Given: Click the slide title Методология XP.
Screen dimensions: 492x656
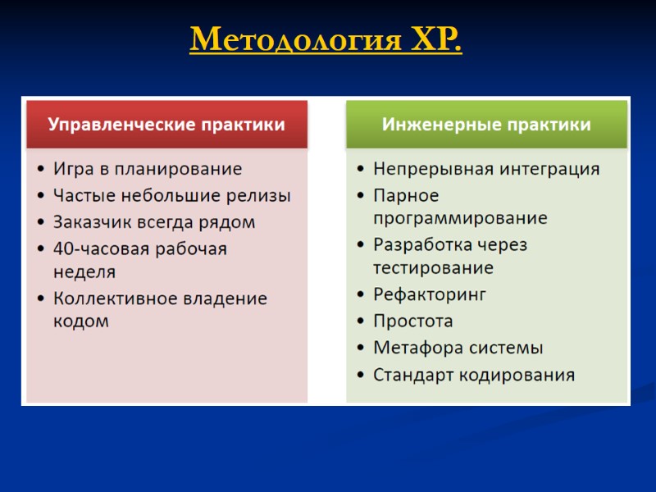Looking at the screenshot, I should (326, 39).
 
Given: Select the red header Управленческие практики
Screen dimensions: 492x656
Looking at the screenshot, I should (166, 125).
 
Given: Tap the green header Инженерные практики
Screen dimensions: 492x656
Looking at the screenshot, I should (486, 125).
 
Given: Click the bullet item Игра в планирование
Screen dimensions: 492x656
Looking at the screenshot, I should (148, 170).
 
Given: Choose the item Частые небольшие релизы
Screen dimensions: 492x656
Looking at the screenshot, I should (171, 196).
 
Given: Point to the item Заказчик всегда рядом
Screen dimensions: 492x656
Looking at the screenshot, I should (154, 222).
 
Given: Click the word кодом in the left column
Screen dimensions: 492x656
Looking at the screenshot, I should (81, 321).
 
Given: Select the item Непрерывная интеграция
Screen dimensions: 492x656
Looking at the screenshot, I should (486, 170).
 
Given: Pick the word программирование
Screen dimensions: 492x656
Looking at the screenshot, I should (460, 219).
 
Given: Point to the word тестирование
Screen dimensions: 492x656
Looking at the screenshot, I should (433, 268).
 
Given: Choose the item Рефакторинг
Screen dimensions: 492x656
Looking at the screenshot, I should (430, 294).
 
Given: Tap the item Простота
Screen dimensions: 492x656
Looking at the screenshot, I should (412, 321).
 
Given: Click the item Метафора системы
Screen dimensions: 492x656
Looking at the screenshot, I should (458, 348).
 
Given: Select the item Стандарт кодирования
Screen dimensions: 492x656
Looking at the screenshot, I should (474, 376).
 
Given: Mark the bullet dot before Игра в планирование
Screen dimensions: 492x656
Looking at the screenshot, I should (41, 171).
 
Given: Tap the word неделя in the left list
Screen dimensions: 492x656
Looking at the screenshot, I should (84, 271).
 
